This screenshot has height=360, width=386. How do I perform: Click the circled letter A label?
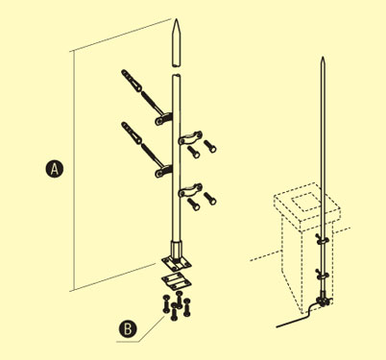55,169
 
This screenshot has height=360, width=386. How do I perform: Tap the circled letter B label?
128,328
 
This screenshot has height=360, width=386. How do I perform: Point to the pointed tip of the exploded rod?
177,19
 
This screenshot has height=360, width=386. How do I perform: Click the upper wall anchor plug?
132,81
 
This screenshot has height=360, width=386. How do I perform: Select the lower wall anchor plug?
132,132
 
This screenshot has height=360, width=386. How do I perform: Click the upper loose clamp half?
190,137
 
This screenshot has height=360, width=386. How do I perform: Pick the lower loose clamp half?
190,190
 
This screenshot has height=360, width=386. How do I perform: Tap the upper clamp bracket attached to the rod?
163,119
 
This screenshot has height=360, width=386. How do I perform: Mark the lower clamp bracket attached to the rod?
163,171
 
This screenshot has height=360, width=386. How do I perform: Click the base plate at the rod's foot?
177,263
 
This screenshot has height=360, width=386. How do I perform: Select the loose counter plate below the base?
177,281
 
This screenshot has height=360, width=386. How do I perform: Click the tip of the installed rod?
324,58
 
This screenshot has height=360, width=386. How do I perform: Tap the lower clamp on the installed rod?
322,275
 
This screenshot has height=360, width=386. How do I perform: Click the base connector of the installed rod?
322,300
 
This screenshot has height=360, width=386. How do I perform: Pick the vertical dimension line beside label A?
75,171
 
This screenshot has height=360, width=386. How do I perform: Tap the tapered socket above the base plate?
177,249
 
